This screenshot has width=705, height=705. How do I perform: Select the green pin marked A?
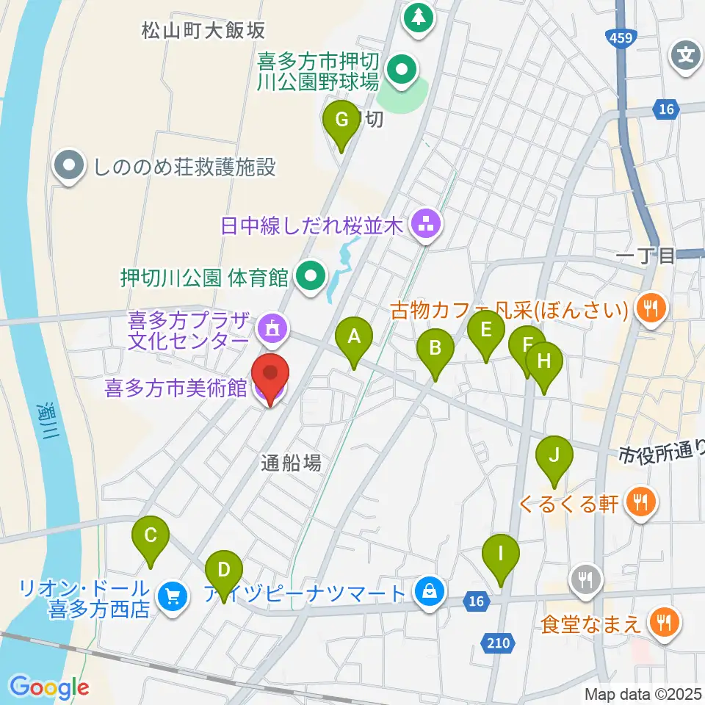354,338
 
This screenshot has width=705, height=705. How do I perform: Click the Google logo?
49,687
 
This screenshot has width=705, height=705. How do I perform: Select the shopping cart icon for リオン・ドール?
173,596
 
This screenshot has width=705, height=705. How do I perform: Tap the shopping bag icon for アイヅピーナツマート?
429,590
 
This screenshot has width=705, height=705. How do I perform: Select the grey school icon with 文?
686,55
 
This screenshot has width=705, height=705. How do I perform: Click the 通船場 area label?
292,462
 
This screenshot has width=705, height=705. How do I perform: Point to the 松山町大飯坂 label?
203,31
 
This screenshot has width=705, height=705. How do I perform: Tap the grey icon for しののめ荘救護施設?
69,167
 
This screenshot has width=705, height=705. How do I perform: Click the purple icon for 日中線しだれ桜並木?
425,224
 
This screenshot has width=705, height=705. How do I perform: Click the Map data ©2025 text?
643,693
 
